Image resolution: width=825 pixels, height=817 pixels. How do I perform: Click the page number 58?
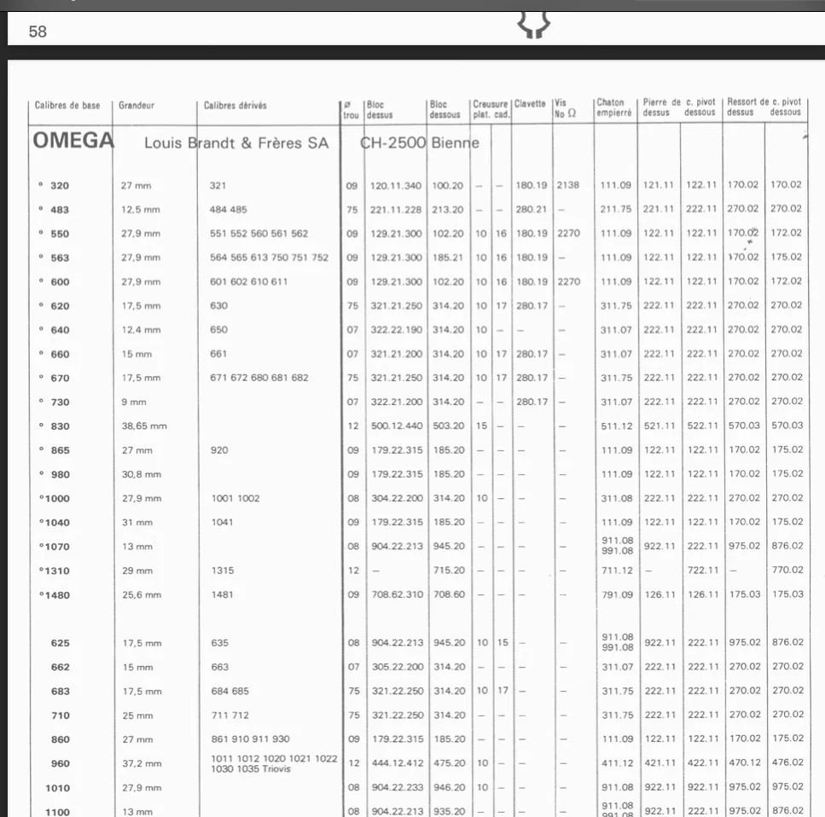click(x=38, y=32)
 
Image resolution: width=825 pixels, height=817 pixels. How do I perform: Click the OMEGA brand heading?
click(x=73, y=141)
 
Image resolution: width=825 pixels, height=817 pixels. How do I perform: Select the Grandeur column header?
click(x=136, y=106)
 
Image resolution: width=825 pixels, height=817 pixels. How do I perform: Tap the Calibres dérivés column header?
click(x=235, y=106)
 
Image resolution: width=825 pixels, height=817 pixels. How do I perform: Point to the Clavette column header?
click(x=529, y=104)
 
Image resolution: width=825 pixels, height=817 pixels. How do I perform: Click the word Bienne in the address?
click(x=455, y=142)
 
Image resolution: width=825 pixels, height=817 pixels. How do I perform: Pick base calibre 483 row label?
click(x=59, y=209)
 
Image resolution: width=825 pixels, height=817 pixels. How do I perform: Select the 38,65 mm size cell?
click(x=144, y=426)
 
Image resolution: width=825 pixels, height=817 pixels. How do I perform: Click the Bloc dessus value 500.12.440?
click(x=396, y=426)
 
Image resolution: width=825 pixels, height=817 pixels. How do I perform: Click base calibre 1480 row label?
click(x=56, y=594)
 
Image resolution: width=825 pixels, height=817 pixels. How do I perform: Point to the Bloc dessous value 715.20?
click(x=449, y=571)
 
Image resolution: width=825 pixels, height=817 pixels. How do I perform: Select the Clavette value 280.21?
click(x=529, y=209)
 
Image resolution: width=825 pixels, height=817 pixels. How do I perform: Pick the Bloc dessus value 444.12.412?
click(x=396, y=763)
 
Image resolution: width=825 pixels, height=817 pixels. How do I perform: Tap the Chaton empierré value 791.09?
click(x=617, y=594)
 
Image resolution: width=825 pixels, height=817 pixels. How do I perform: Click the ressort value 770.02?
click(x=787, y=571)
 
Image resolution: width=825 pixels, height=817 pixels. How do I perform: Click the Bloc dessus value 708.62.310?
click(x=396, y=594)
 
